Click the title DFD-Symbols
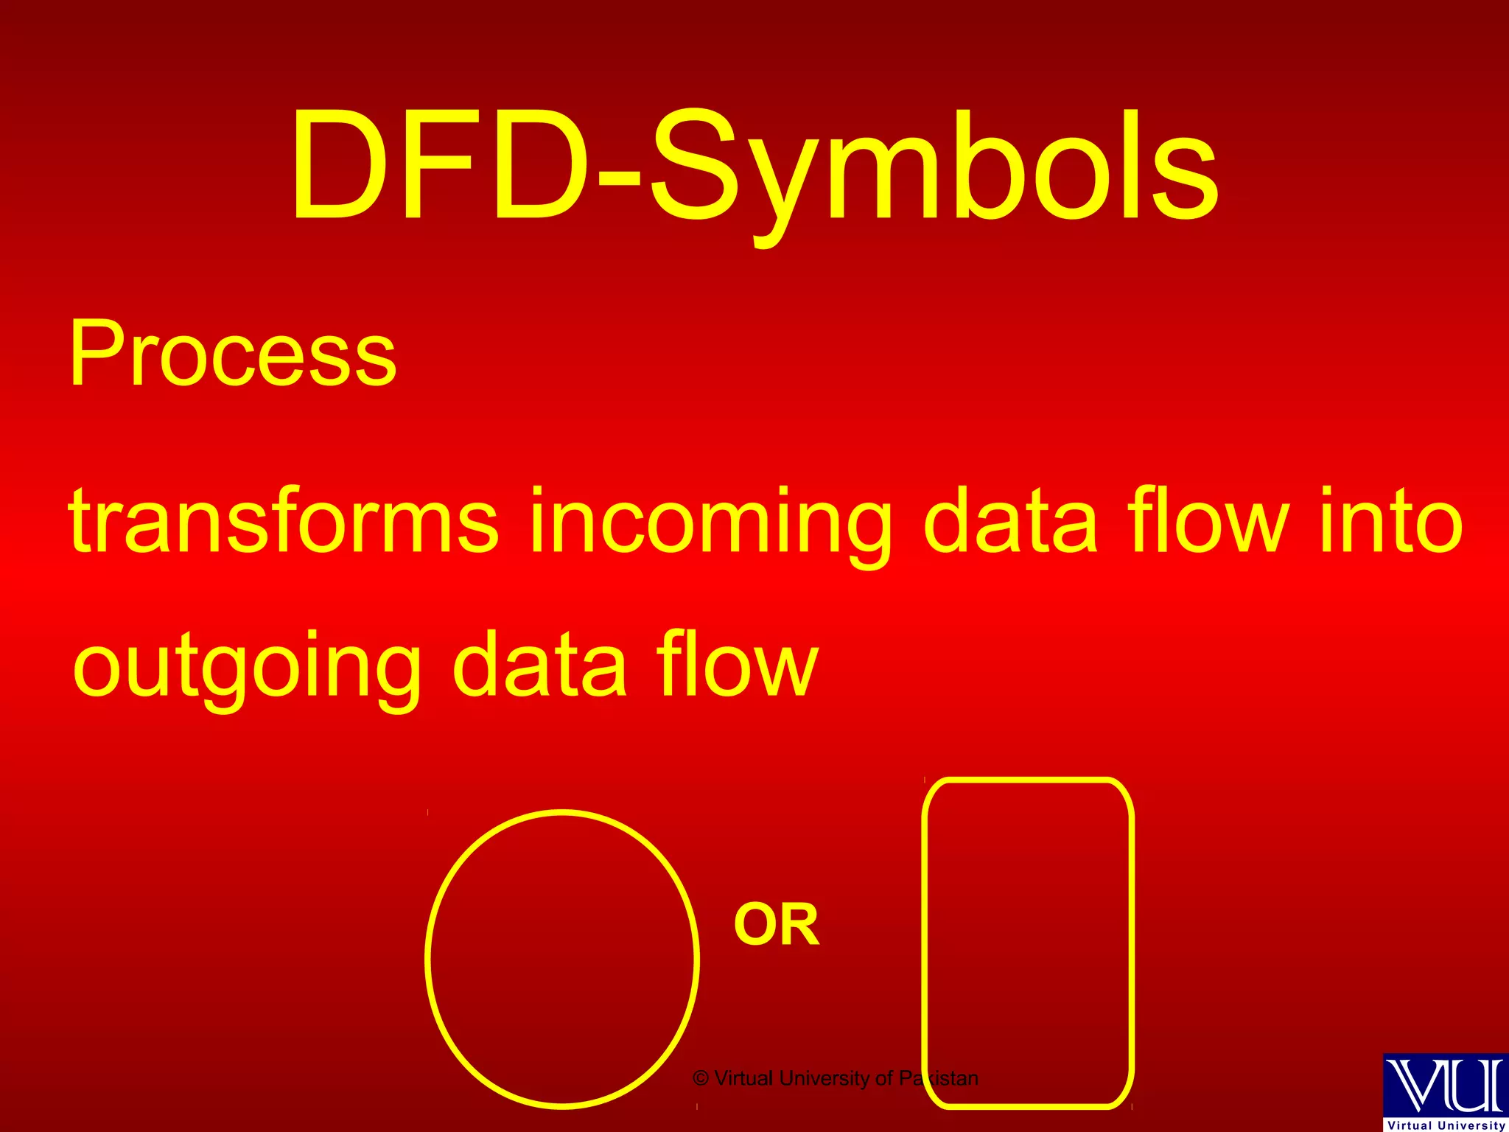point(754,166)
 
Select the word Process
point(233,354)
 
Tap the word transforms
point(284,522)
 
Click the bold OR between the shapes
point(777,926)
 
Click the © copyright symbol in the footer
point(701,1079)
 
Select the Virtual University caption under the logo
point(1446,1125)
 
